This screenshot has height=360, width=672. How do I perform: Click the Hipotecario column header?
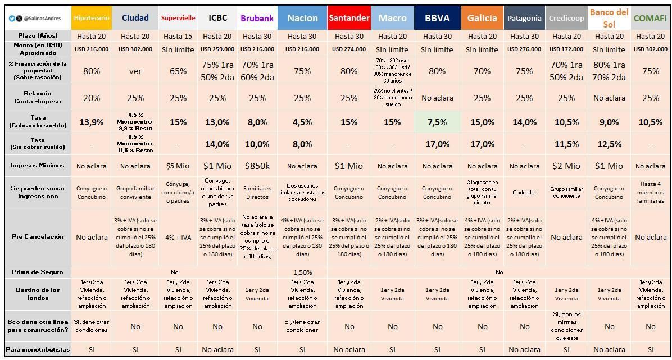(x=92, y=18)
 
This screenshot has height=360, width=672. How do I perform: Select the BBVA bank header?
(x=437, y=18)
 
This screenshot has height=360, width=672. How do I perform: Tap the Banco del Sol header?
(x=609, y=18)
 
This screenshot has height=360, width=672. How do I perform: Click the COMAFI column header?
(x=650, y=18)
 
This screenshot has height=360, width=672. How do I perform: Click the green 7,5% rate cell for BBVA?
(x=437, y=122)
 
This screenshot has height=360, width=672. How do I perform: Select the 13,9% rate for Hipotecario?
(x=92, y=122)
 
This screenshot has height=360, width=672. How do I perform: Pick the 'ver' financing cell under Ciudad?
(x=135, y=71)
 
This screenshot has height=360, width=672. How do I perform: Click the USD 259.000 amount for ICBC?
(x=217, y=49)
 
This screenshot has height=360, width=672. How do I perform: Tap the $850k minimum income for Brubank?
(x=257, y=166)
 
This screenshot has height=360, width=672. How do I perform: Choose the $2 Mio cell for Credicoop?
(x=566, y=166)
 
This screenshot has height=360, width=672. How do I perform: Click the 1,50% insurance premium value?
(x=302, y=272)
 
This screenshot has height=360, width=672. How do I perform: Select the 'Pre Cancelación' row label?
(x=38, y=236)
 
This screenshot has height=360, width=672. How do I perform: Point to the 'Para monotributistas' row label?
(x=38, y=349)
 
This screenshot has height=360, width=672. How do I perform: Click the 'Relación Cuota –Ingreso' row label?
(x=38, y=97)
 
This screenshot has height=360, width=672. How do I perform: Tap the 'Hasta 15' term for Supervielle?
(x=178, y=36)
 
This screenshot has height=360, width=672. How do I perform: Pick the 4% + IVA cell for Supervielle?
(x=178, y=238)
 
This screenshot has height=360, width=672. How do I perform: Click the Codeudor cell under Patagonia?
(x=524, y=192)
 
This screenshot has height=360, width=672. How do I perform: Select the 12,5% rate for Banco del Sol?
(x=609, y=144)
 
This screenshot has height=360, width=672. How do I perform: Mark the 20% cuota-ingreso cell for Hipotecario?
(x=92, y=98)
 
